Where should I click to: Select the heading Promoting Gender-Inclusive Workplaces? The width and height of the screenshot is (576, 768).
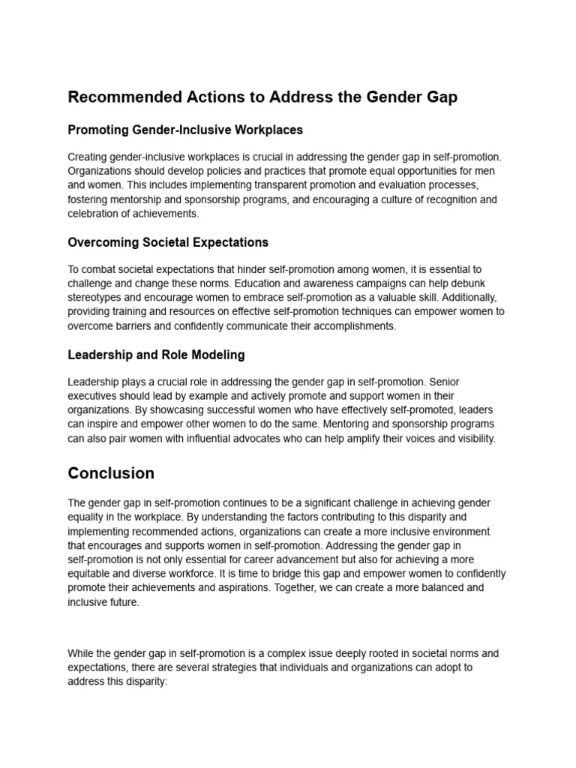tap(185, 130)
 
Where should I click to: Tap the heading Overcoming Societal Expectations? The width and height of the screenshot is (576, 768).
tap(168, 242)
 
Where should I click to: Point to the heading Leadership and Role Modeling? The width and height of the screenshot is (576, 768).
tap(156, 354)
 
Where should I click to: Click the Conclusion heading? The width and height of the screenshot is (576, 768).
tap(111, 473)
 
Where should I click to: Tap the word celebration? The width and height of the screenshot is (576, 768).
tap(95, 214)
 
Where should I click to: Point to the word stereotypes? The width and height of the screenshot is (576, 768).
tap(94, 298)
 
